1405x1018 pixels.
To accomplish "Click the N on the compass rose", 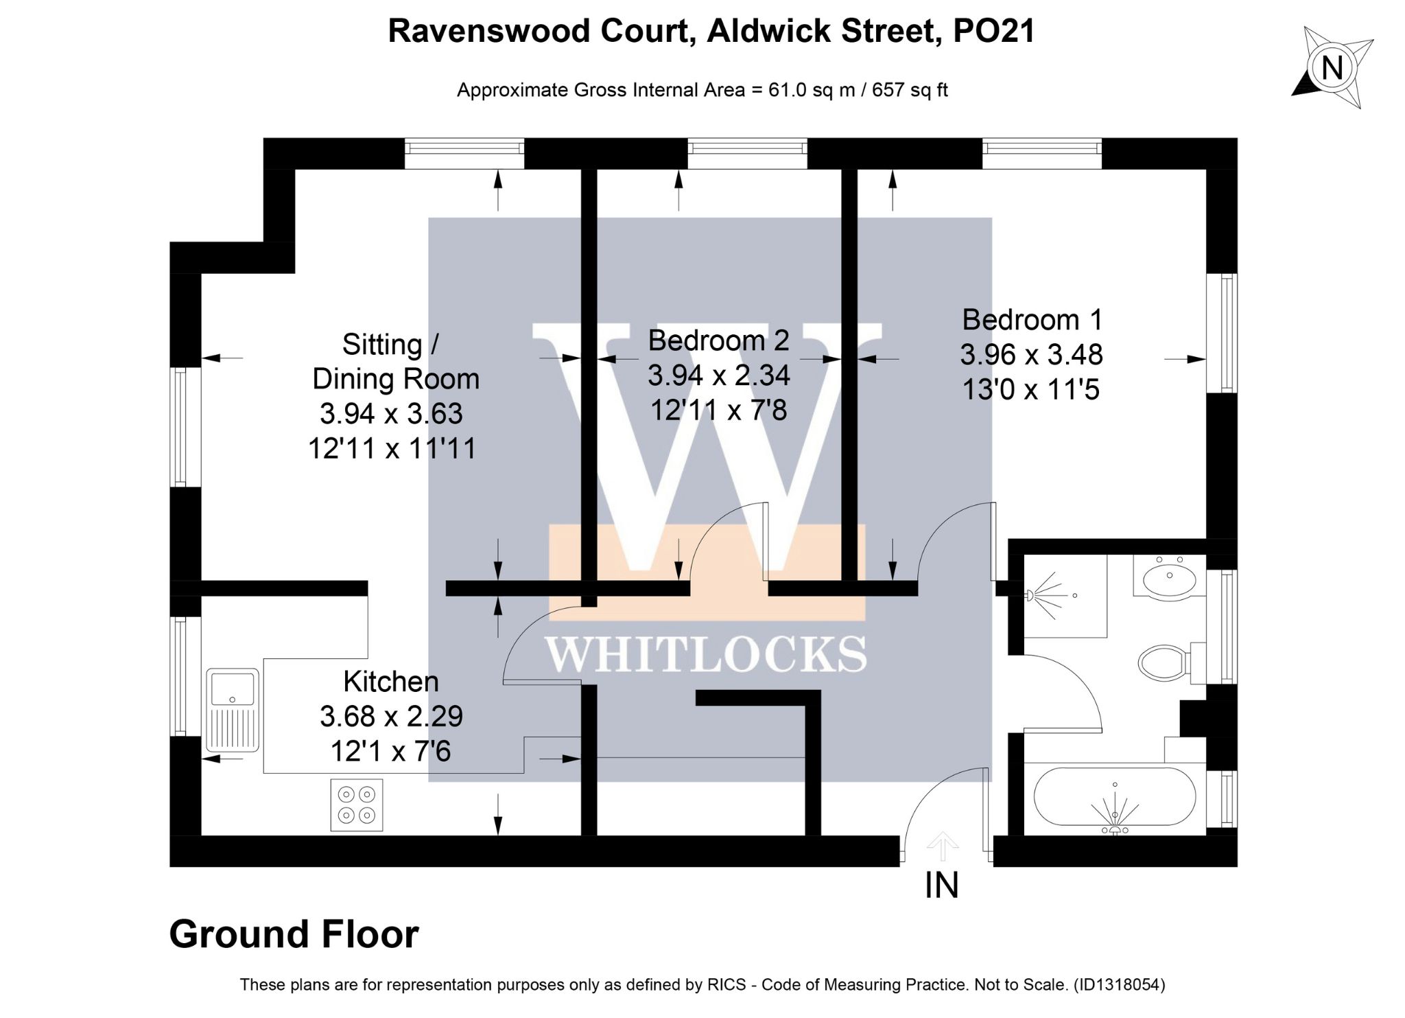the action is [x=1332, y=68].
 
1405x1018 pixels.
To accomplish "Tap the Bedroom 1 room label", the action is [x=1032, y=320].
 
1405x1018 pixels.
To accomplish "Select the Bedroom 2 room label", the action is [x=718, y=340].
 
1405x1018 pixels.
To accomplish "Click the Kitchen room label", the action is [x=391, y=682].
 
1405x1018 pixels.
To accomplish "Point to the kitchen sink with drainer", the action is [x=233, y=710].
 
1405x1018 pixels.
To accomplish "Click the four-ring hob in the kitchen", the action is [x=357, y=805].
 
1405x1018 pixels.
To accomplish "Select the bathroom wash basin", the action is [x=1170, y=577].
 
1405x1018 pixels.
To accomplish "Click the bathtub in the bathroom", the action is [x=1115, y=798].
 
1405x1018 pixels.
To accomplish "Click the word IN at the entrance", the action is [x=941, y=886].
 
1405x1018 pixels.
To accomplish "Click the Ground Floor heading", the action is [x=294, y=934].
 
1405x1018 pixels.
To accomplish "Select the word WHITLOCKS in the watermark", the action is [x=707, y=654].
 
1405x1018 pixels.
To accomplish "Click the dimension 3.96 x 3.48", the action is [x=1032, y=355].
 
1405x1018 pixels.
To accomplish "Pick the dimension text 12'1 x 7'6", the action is [x=390, y=751].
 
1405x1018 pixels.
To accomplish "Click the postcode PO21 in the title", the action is [x=994, y=31].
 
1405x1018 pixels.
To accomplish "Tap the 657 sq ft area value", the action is [x=910, y=90].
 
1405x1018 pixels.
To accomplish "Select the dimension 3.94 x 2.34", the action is [x=719, y=375].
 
